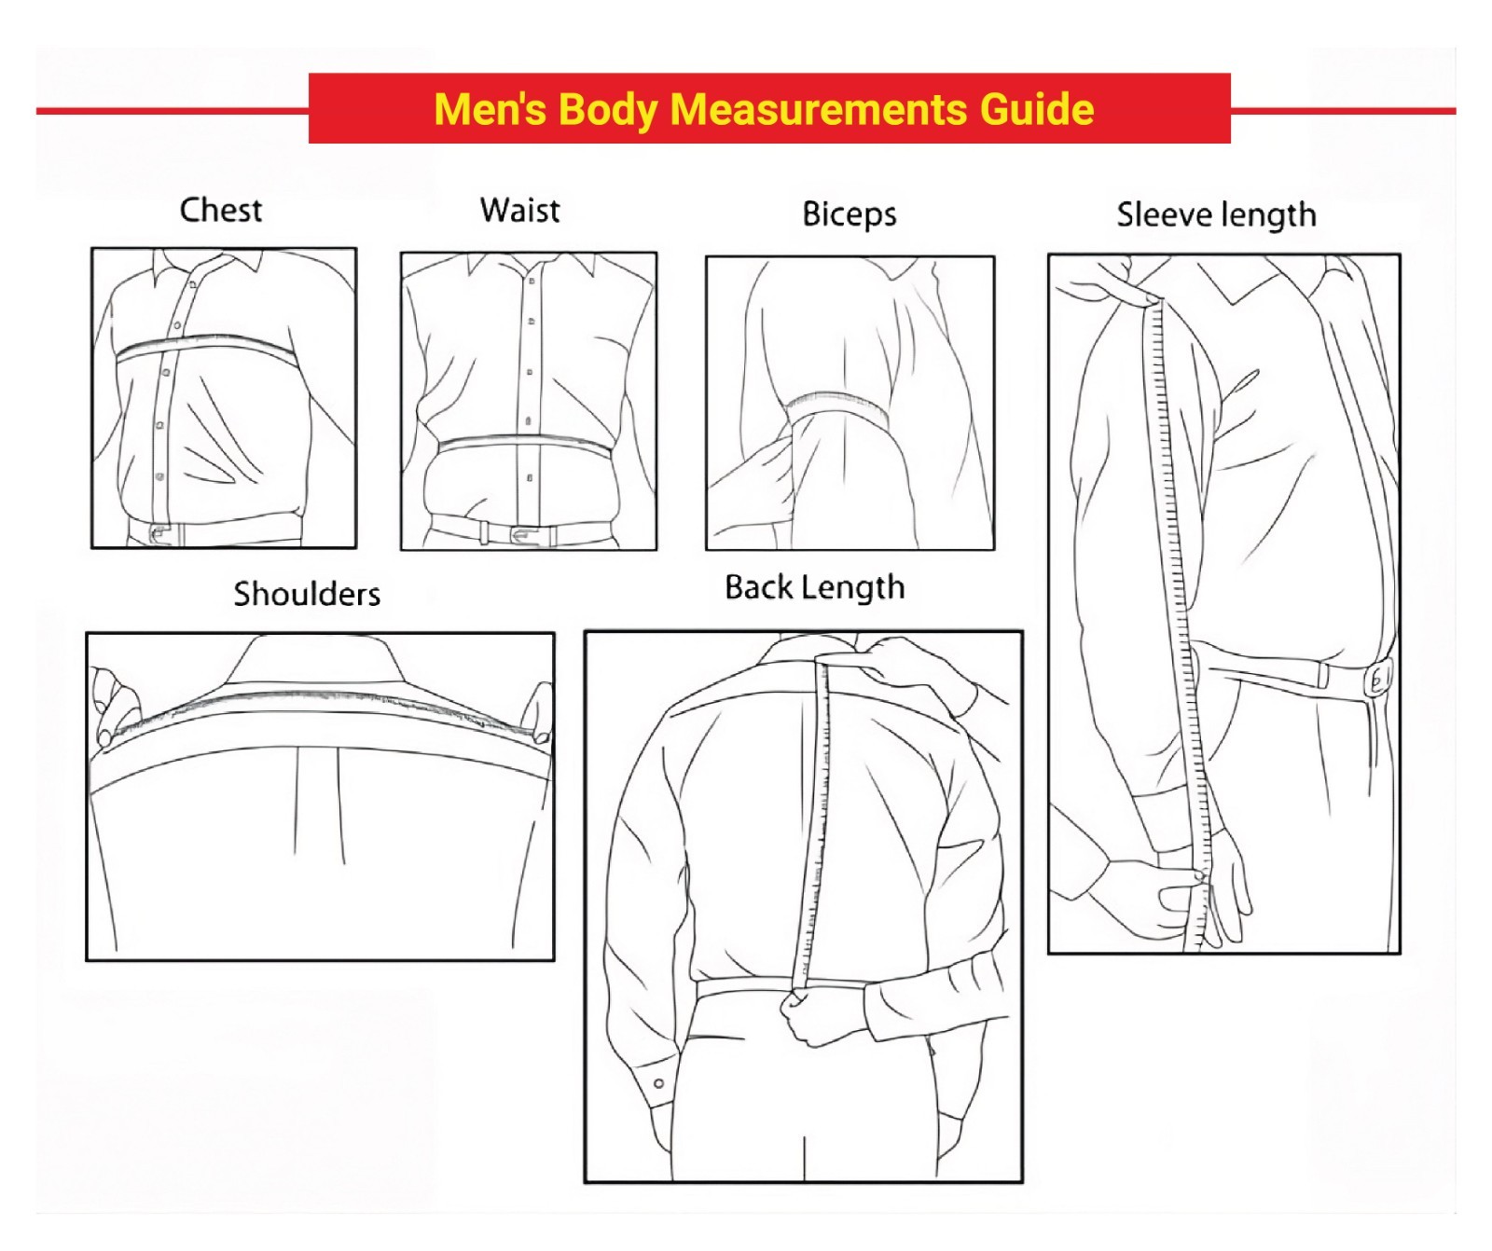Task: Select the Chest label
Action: (221, 210)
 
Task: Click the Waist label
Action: (520, 210)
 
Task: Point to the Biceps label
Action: (850, 214)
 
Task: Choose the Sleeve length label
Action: (1217, 215)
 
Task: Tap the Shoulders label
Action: (307, 594)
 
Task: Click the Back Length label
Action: (815, 587)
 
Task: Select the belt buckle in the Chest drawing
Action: (159, 534)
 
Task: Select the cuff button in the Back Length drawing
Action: (658, 1083)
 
